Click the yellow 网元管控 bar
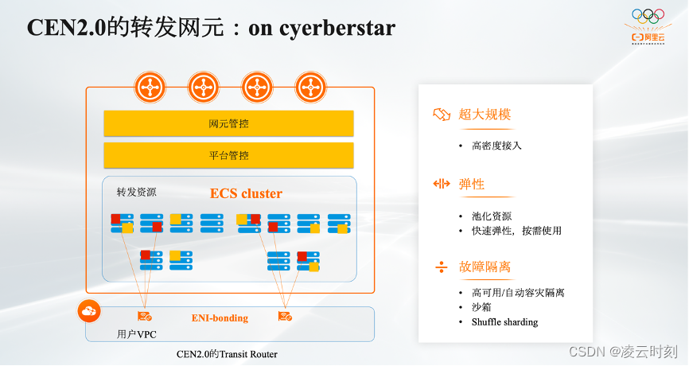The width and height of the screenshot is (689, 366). tap(228, 123)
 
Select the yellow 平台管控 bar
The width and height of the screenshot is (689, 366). tap(228, 155)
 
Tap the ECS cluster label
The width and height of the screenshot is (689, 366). tap(246, 193)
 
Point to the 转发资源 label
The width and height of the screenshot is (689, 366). tap(137, 192)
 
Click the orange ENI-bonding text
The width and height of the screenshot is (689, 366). tap(220, 317)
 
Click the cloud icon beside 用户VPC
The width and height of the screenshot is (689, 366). tap(89, 311)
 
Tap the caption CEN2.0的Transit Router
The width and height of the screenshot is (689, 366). tap(228, 353)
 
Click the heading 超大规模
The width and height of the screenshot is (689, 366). tap(483, 114)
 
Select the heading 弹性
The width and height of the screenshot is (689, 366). tap(472, 184)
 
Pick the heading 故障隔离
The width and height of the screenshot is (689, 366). tap(483, 267)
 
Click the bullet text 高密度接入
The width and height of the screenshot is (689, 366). tap(496, 146)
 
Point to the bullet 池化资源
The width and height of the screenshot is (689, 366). tap(491, 216)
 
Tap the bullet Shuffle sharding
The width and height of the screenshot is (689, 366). tap(504, 322)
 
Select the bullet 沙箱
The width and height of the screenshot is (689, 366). tap(482, 307)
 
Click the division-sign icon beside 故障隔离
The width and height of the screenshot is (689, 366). tap(442, 267)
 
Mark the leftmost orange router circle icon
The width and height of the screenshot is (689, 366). tap(148, 87)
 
